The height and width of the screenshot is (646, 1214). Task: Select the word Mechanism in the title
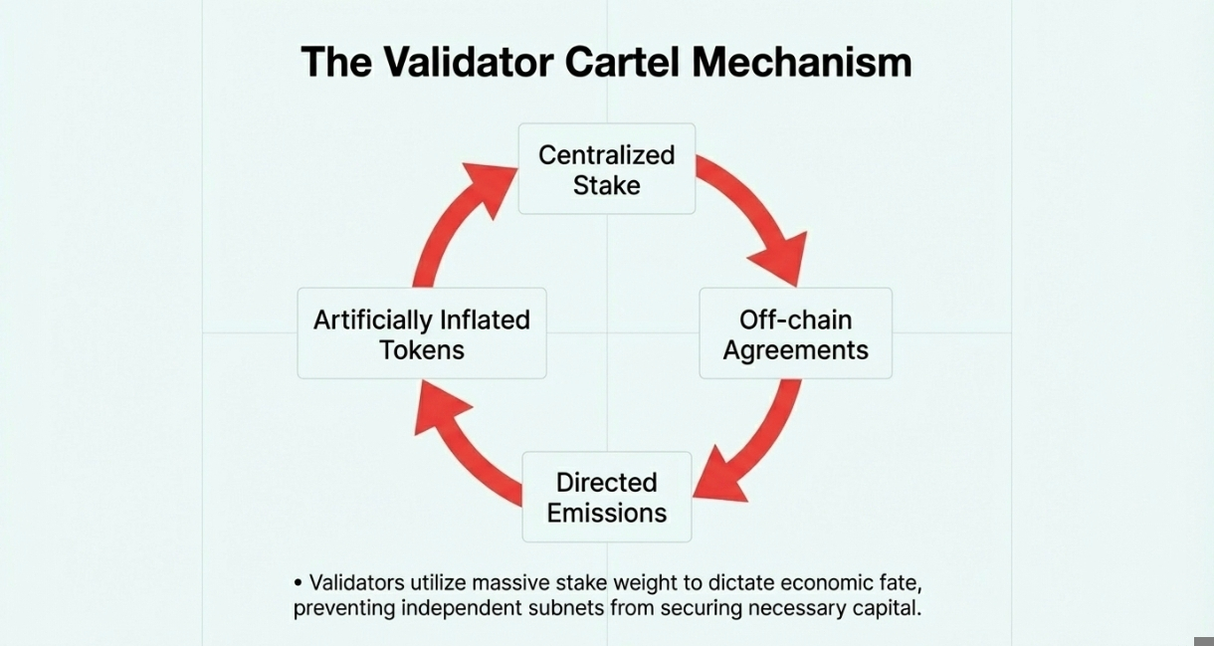802,63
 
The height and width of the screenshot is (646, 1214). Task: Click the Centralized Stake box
607,169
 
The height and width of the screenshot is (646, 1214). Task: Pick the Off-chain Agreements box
795,333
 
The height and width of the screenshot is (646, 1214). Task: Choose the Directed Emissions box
607,497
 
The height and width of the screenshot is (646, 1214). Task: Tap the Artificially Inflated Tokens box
422,333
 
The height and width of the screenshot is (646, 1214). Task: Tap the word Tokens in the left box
422,350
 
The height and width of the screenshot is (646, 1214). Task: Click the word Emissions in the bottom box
607,514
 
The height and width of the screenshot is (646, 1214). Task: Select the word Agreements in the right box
795,350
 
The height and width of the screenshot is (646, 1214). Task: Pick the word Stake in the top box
607,185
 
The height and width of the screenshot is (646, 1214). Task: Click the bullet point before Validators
299,582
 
